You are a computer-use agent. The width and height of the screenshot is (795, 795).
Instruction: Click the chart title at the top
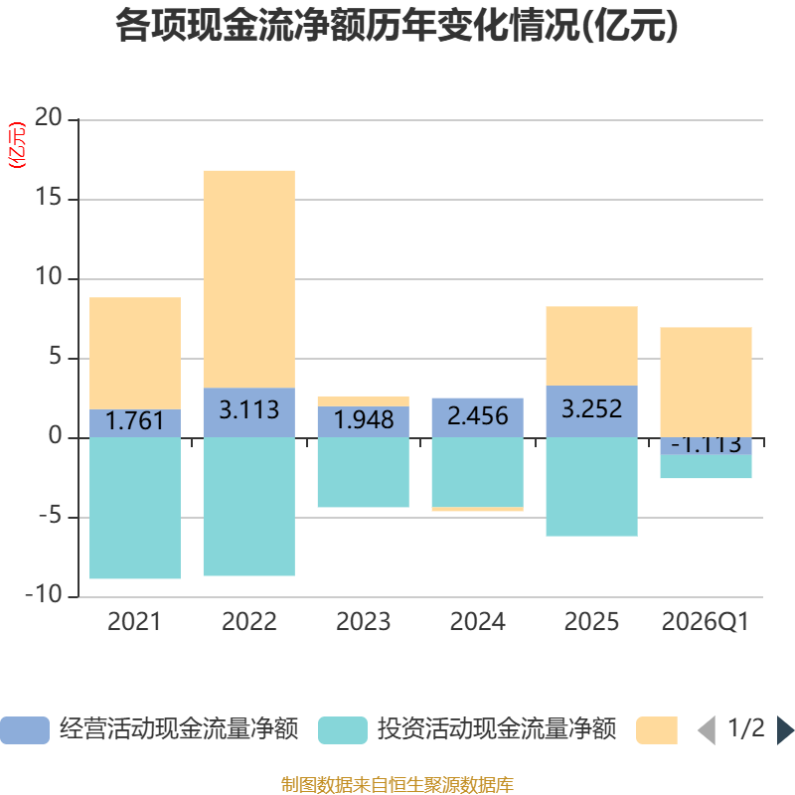click(397, 26)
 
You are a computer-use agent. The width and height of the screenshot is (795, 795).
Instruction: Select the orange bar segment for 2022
click(249, 279)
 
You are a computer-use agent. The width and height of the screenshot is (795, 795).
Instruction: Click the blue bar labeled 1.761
click(135, 423)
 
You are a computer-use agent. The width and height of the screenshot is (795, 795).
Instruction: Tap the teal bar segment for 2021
click(135, 508)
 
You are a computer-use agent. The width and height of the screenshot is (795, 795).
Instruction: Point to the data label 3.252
click(591, 409)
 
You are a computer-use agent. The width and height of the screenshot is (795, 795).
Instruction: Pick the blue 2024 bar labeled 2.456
click(478, 417)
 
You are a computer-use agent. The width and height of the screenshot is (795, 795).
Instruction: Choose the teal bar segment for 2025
click(591, 487)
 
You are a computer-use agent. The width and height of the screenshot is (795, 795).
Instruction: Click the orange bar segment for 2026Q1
click(706, 383)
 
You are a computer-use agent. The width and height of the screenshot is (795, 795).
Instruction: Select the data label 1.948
click(364, 419)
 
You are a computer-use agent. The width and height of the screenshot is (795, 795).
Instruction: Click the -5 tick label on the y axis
click(51, 516)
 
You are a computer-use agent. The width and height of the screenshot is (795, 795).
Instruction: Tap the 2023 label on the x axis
click(364, 622)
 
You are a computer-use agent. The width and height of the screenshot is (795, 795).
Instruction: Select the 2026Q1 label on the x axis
click(706, 622)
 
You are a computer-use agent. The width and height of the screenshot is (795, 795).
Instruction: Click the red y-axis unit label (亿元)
click(17, 145)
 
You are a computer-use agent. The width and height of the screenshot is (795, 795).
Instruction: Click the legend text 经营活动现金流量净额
click(179, 729)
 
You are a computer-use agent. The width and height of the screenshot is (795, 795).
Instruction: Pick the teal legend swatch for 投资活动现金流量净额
click(343, 730)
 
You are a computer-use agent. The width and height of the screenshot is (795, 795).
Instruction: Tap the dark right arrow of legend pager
click(785, 730)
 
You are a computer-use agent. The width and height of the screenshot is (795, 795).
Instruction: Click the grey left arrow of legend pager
click(707, 730)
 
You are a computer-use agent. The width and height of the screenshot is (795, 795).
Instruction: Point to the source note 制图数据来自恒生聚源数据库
click(397, 784)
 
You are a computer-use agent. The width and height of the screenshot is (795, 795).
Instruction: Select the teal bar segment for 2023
click(364, 472)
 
